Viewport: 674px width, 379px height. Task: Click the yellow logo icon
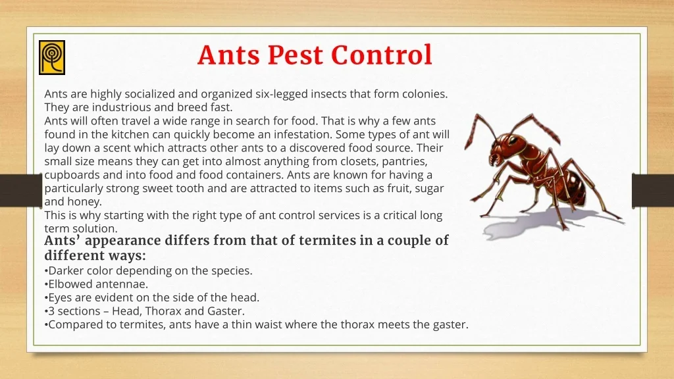(52, 58)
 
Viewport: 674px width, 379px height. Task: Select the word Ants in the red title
(228, 55)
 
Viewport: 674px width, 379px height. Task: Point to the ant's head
(504, 150)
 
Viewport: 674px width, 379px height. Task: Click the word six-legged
(281, 94)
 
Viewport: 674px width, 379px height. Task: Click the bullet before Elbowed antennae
(46, 284)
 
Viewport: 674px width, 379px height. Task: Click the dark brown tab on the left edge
(21, 190)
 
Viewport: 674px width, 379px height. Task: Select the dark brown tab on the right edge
(653, 190)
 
